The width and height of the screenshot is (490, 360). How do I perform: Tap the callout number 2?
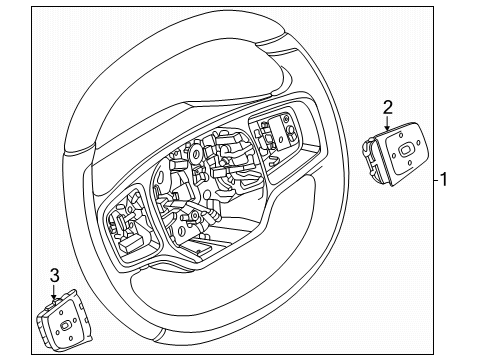click(x=388, y=106)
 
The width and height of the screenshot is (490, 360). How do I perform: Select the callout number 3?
click(x=55, y=274)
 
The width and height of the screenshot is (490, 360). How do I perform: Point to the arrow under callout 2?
click(x=388, y=124)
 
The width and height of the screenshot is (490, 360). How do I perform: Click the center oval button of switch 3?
click(x=65, y=325)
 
